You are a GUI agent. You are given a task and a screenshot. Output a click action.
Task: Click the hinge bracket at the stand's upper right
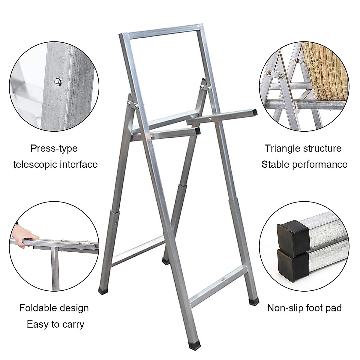click(x=205, y=86)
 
